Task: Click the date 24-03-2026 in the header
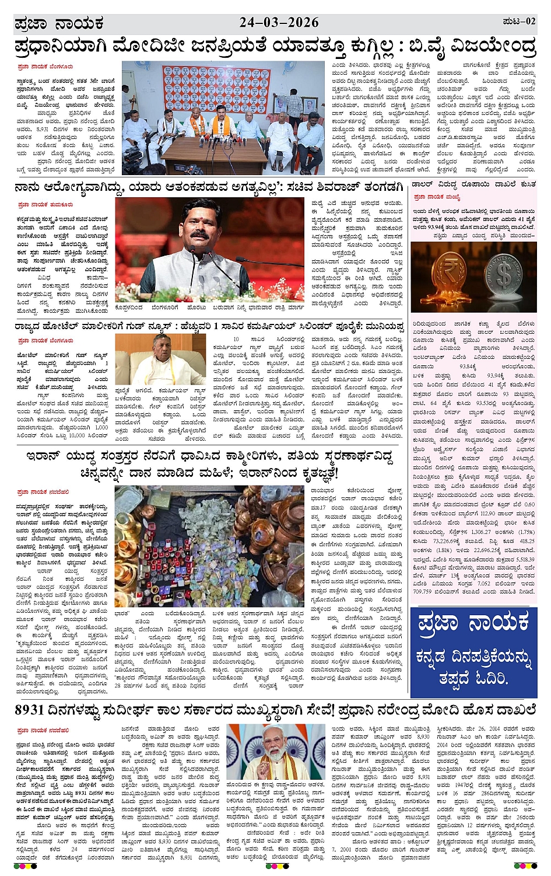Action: pos(279,23)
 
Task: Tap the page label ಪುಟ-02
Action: pos(518,22)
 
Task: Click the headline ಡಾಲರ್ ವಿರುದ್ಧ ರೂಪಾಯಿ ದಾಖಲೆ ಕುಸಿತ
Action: pos(474,184)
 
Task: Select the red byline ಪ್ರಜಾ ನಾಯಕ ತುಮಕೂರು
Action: pos(45,205)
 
